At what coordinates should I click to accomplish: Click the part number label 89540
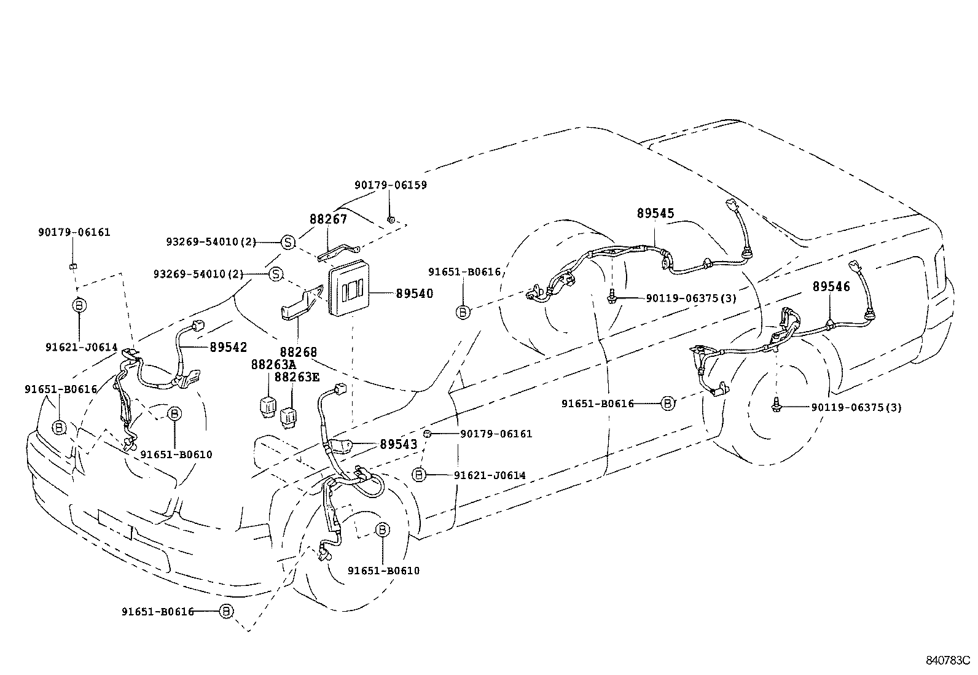point(414,294)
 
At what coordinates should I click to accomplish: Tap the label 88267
point(328,219)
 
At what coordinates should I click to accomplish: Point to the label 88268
point(299,352)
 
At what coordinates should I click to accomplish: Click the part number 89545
point(655,214)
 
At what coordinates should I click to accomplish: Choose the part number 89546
point(831,287)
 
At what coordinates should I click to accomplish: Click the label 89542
point(229,347)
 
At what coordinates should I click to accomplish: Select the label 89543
point(398,444)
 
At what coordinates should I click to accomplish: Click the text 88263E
point(297,377)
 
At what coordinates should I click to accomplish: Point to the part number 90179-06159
point(391,185)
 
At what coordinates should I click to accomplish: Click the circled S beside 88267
point(288,242)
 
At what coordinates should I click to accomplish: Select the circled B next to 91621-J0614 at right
point(419,475)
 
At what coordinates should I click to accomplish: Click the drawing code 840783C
point(947,661)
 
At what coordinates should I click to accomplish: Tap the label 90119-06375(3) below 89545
point(691,298)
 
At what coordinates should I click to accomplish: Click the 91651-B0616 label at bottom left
point(158,611)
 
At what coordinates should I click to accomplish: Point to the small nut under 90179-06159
point(391,218)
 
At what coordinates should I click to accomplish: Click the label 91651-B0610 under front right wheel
point(383,571)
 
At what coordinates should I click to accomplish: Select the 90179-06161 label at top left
point(74,232)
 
